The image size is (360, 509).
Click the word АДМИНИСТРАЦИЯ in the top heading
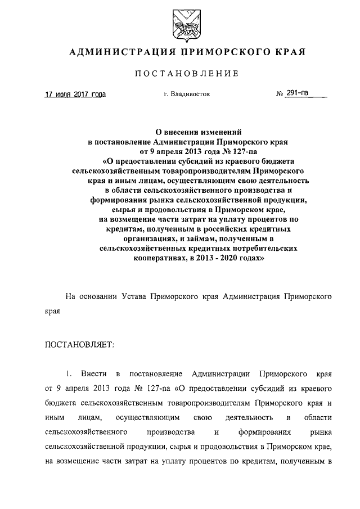coord(115,53)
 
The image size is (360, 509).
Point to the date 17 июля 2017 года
coord(75,94)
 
